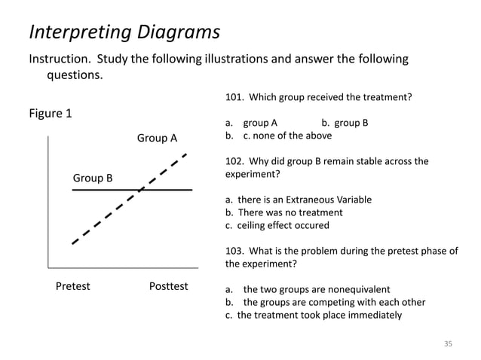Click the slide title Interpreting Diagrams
[x=124, y=32]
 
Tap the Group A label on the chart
[x=157, y=139]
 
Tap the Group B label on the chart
[x=92, y=178]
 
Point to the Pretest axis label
[x=73, y=287]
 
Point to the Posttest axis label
[x=169, y=287]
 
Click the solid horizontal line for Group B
[x=98, y=191]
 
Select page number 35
[x=448, y=343]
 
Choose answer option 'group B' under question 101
[x=351, y=123]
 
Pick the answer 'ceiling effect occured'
[x=283, y=225]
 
